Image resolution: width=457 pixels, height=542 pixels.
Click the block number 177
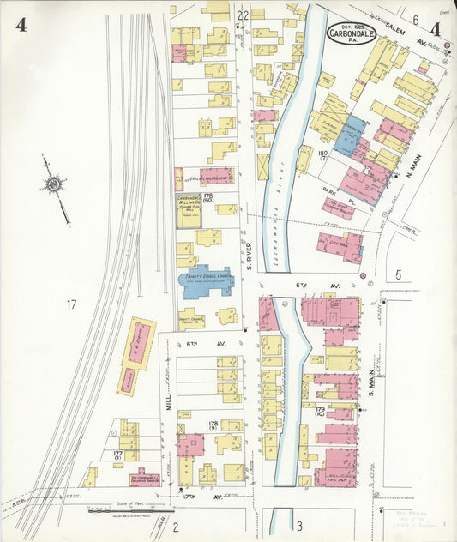(118, 455)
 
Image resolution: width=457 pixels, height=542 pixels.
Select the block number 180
(322, 154)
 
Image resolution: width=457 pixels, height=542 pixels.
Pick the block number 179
(319, 411)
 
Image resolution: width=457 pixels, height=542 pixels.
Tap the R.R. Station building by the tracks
(136, 355)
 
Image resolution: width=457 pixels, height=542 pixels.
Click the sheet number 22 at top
(243, 15)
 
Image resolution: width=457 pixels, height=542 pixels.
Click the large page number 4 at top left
(21, 25)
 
